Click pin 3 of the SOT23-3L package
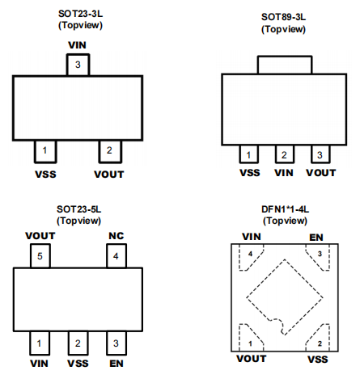(78, 65)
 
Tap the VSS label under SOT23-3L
(45, 175)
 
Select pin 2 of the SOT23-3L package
(110, 152)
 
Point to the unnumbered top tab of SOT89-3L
(285, 65)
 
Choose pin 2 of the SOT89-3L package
(285, 154)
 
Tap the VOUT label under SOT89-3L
(321, 173)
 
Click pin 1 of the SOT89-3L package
(248, 154)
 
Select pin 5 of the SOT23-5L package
(40, 256)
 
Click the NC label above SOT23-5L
(116, 236)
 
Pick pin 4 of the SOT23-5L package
(116, 256)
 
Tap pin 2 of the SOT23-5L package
(78, 343)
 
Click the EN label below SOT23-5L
(116, 364)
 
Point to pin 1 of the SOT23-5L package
(40, 343)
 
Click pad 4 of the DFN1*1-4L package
(250, 256)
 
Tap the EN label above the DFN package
(316, 238)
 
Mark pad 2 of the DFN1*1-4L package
(319, 339)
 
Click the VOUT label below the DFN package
(252, 359)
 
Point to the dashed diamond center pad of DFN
(285, 297)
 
